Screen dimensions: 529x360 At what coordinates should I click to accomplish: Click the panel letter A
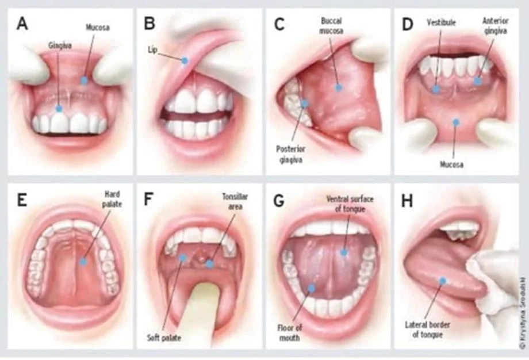(22, 24)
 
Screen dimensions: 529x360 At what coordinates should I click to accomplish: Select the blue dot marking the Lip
(184, 61)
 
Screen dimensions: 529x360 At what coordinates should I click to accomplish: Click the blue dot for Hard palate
(83, 261)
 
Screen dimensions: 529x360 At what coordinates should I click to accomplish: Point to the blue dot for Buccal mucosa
(339, 88)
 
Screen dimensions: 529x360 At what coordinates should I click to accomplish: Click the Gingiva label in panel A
(60, 45)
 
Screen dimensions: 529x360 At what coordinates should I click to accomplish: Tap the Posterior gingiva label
(290, 154)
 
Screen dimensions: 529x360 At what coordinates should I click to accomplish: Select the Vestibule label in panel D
(441, 22)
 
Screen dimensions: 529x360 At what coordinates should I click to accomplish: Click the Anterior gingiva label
(495, 26)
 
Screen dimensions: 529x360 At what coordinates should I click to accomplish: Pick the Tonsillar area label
(235, 201)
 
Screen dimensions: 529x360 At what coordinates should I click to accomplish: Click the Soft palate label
(164, 338)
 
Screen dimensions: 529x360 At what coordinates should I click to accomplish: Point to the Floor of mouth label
(290, 332)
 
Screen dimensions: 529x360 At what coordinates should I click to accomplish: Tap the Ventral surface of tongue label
(350, 204)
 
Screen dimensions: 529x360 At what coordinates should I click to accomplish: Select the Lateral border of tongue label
(427, 330)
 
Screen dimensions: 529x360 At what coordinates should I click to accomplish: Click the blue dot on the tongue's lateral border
(443, 281)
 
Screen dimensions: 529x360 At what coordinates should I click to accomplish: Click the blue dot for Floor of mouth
(312, 288)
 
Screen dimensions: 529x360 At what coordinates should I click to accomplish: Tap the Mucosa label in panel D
(451, 164)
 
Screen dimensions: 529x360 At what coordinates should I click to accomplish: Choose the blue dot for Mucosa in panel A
(84, 81)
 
